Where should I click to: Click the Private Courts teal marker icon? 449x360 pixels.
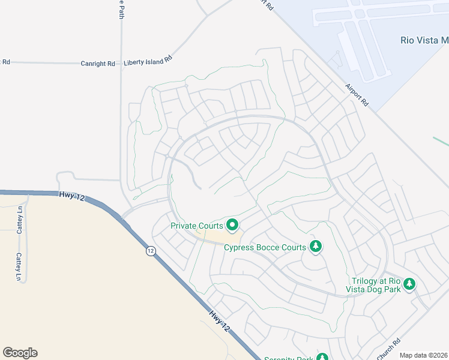(232, 226)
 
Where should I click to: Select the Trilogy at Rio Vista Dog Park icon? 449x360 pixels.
(409, 284)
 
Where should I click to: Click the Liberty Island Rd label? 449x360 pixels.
(148, 61)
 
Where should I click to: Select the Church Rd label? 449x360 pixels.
(389, 350)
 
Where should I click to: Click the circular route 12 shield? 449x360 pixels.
(150, 251)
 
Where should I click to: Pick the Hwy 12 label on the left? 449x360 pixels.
(71, 196)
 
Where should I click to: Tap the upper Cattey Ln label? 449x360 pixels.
(20, 220)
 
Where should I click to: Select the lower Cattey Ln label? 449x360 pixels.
(19, 267)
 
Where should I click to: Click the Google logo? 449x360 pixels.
(20, 353)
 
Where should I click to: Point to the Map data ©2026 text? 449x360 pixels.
(424, 355)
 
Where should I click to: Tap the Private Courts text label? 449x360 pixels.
(197, 226)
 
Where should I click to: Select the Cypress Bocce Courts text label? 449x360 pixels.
(265, 247)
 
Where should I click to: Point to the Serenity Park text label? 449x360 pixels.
(289, 358)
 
